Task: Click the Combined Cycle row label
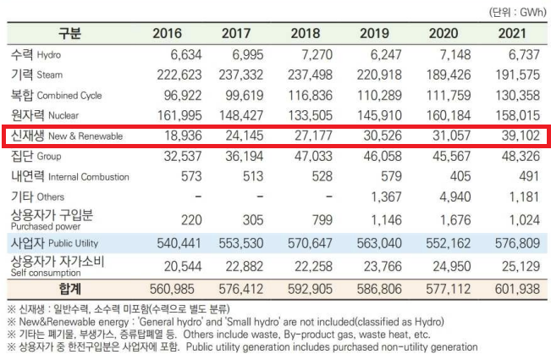[x=56, y=95]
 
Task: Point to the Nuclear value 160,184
[x=448, y=114]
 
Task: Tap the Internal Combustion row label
[x=69, y=176]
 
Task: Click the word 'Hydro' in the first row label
[x=49, y=55]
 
